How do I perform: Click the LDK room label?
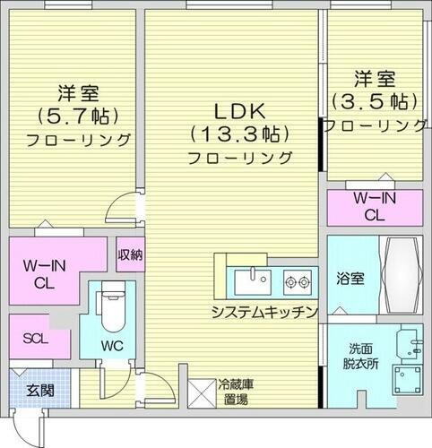(x=238, y=113)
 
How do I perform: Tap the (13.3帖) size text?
(x=238, y=135)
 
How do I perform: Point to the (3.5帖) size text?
(x=375, y=99)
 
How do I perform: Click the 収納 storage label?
(x=130, y=254)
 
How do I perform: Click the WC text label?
(x=110, y=343)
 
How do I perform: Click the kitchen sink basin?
(x=251, y=282)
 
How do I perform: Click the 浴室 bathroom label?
(x=350, y=278)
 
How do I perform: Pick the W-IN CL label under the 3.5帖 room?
(x=369, y=207)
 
